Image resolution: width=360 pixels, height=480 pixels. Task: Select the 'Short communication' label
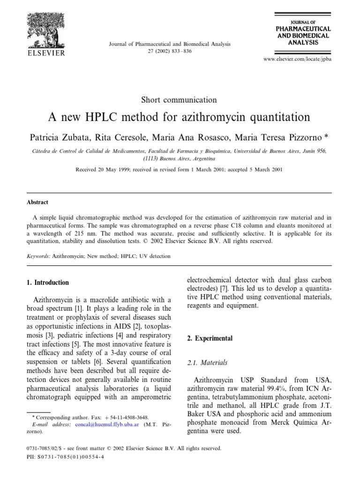tap(180, 99)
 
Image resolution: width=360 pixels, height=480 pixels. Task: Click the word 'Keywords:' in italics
tap(38, 256)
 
